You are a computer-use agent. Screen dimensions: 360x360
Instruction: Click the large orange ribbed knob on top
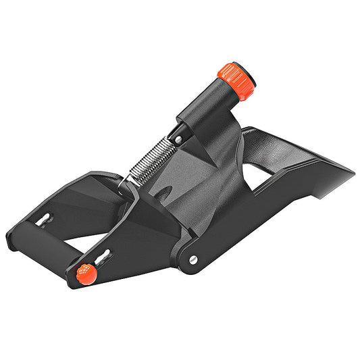[x=237, y=80]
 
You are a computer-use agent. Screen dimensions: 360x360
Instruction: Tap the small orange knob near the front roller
[x=84, y=274]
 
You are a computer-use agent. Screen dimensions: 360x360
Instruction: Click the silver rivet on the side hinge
[x=194, y=259]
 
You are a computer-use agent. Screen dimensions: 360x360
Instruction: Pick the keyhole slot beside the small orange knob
[x=103, y=257]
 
